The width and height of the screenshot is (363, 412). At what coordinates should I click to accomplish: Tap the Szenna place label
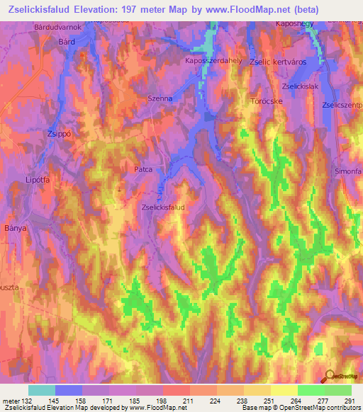coord(159,98)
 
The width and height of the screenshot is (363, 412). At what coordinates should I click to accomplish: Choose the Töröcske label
coord(267,101)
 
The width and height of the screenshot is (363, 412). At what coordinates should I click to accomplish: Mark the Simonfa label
coord(348,172)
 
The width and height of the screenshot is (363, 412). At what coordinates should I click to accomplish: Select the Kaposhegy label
coord(294,24)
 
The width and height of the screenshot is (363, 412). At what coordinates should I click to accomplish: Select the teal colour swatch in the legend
coord(42,390)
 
